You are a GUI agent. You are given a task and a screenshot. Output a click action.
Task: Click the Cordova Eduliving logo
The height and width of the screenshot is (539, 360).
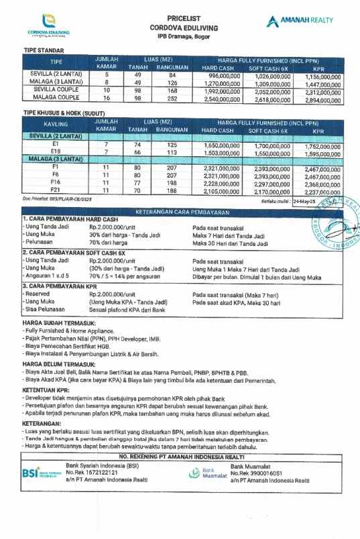[47, 27]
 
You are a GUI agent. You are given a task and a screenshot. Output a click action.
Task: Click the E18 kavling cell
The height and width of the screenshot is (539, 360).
[56, 152]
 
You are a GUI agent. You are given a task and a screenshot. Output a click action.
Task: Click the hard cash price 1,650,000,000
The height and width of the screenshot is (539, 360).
[220, 145]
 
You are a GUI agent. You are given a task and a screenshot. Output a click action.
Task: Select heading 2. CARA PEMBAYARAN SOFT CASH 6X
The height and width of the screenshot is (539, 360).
[74, 253]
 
